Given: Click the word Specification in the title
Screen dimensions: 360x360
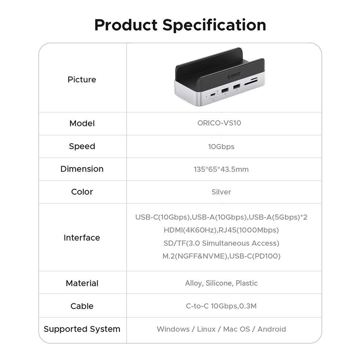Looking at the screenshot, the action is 215,25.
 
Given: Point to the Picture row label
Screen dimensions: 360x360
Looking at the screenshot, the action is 82,79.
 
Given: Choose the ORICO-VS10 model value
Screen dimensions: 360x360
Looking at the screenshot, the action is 219,123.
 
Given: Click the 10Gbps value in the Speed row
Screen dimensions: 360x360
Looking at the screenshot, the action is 221,147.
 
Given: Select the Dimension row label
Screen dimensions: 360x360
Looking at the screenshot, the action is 82,169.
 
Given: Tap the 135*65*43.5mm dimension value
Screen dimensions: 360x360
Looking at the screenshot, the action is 221,169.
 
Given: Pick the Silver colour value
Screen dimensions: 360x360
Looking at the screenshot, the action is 221,192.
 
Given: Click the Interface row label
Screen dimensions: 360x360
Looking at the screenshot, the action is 82,238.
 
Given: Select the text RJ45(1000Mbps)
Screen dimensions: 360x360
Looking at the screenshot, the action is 249,230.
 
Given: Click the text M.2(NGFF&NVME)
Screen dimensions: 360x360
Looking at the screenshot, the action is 195,256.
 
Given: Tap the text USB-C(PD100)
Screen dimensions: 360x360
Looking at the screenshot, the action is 255,256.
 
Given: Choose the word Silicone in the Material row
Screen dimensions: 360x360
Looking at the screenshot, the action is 219,283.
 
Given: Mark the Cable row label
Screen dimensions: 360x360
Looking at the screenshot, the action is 82,306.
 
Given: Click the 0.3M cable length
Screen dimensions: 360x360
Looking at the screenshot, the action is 248,306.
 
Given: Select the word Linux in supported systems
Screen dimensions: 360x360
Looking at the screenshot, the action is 206,329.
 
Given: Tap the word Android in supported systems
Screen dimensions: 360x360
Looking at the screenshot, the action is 271,329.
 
